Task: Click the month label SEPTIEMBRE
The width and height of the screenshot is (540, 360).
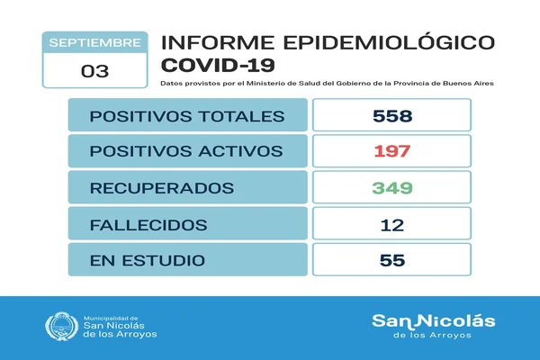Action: (x=94, y=42)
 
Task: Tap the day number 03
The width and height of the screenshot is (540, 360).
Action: (x=95, y=71)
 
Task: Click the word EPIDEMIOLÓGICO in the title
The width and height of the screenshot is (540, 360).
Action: (x=389, y=42)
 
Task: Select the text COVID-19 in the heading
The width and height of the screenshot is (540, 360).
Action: (x=218, y=65)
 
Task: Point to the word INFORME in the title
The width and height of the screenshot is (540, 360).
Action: (x=218, y=42)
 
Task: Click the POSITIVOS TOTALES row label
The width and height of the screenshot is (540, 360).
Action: (x=187, y=116)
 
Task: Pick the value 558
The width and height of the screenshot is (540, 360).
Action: (x=392, y=116)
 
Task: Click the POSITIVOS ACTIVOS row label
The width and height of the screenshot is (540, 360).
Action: (x=186, y=151)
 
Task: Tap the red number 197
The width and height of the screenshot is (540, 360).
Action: (x=392, y=151)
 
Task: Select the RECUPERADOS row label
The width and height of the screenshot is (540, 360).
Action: (x=162, y=188)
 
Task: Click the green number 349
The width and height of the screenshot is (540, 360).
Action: (x=392, y=188)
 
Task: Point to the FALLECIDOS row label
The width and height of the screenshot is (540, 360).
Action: (x=148, y=225)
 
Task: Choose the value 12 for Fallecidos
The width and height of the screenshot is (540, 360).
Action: (x=392, y=225)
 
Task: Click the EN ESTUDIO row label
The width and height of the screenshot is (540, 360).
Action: (x=148, y=260)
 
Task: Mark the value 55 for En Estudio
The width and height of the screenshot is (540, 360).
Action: (x=392, y=260)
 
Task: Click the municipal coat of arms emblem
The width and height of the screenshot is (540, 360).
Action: (x=62, y=326)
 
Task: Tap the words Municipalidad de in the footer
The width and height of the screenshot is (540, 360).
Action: (x=111, y=319)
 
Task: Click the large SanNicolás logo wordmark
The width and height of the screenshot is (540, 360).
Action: (x=434, y=321)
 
